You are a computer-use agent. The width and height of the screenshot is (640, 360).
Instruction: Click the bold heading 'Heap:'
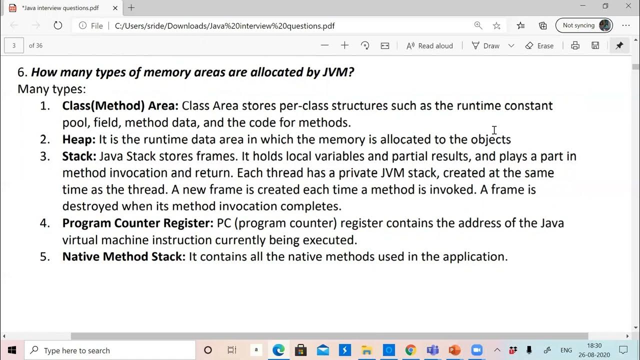coord(78,139)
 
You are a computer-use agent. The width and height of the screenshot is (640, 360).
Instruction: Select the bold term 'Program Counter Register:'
coord(138,223)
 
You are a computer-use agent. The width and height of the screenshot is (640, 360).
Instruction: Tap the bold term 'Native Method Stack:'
coord(123,256)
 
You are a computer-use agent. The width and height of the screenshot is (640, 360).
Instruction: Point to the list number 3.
coord(45,156)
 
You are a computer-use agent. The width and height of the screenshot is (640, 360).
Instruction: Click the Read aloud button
coord(429,45)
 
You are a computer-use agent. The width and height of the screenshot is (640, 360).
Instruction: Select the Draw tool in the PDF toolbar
coord(485,45)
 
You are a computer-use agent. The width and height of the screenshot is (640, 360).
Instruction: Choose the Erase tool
coord(539,45)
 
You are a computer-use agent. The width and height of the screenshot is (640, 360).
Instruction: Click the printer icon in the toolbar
coord(575,45)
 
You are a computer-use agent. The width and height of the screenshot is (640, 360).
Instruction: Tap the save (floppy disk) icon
coord(595,45)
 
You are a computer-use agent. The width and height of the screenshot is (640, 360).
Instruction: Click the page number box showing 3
coord(14,45)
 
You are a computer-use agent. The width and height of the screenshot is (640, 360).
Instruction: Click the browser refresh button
coord(57,25)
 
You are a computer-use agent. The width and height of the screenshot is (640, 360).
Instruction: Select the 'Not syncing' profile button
coord(584,25)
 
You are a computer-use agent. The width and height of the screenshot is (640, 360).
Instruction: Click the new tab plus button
coord(131,7)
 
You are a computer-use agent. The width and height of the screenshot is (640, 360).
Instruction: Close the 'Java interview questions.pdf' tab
coord(115,8)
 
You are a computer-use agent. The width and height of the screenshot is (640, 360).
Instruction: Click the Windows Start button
coord(12,350)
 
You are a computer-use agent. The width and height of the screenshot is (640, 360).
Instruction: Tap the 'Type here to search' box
coord(110,350)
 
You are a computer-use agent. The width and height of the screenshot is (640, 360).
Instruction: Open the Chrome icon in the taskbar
coord(410,350)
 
